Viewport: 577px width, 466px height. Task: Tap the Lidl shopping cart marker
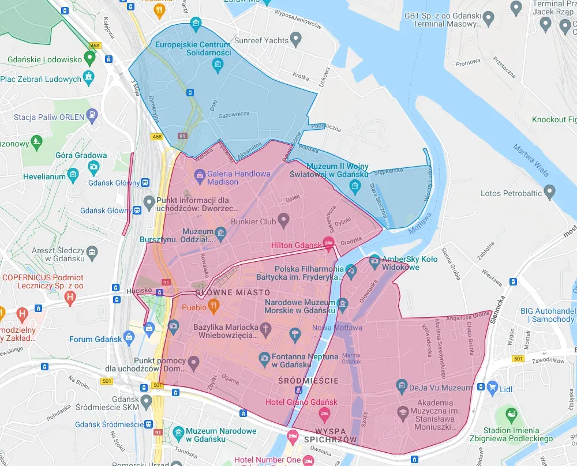click(x=492, y=386)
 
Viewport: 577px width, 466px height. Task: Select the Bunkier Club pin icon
click(x=283, y=220)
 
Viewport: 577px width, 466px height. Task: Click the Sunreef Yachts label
click(x=261, y=40)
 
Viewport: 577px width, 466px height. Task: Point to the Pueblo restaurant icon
click(x=213, y=307)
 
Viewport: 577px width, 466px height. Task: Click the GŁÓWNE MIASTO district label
click(x=233, y=293)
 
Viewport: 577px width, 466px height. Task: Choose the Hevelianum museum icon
click(x=73, y=174)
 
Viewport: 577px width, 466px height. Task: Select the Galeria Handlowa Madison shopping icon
click(x=199, y=174)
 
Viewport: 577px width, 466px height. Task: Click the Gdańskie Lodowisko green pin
click(x=89, y=57)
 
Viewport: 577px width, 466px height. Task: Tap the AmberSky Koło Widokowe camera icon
click(x=374, y=260)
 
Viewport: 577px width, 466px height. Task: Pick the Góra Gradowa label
click(x=81, y=155)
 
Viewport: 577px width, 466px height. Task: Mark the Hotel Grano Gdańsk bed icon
click(x=324, y=414)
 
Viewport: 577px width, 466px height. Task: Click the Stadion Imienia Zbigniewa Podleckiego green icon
click(x=510, y=414)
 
